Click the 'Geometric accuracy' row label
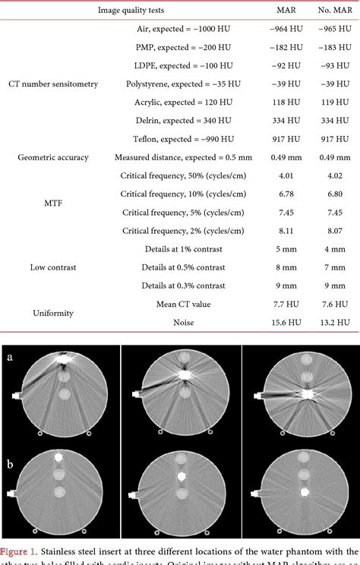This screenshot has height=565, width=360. coord(53,157)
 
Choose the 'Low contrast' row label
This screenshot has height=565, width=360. coord(53,267)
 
